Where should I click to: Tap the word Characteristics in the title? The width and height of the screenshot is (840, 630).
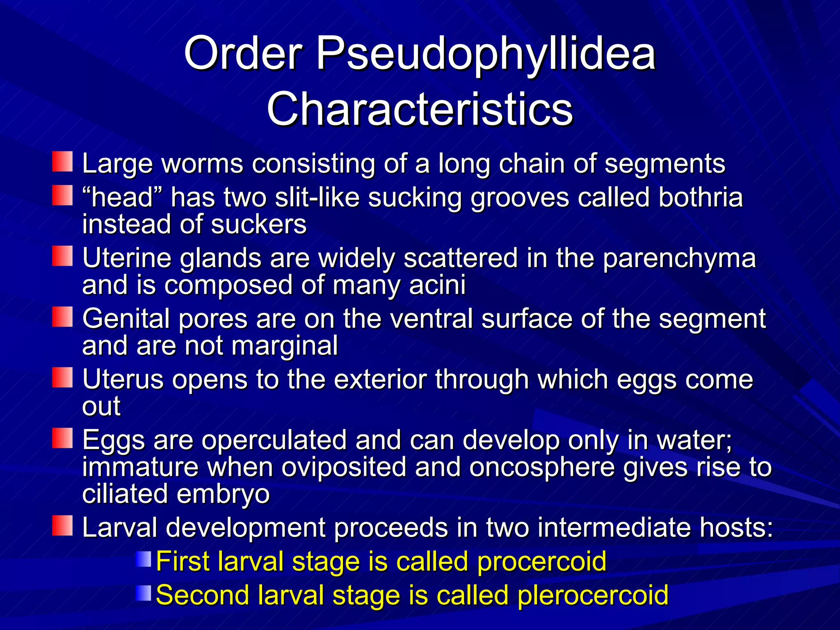[x=420, y=109]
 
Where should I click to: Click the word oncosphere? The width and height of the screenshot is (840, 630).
[x=541, y=467]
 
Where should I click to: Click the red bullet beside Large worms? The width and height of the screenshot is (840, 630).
[x=62, y=162]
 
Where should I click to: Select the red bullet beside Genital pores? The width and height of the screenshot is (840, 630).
[x=62, y=317]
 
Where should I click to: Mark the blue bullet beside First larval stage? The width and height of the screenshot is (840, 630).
[x=144, y=559]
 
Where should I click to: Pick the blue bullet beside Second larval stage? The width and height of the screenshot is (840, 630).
[x=144, y=593]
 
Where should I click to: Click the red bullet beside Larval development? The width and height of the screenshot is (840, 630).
[x=62, y=526]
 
